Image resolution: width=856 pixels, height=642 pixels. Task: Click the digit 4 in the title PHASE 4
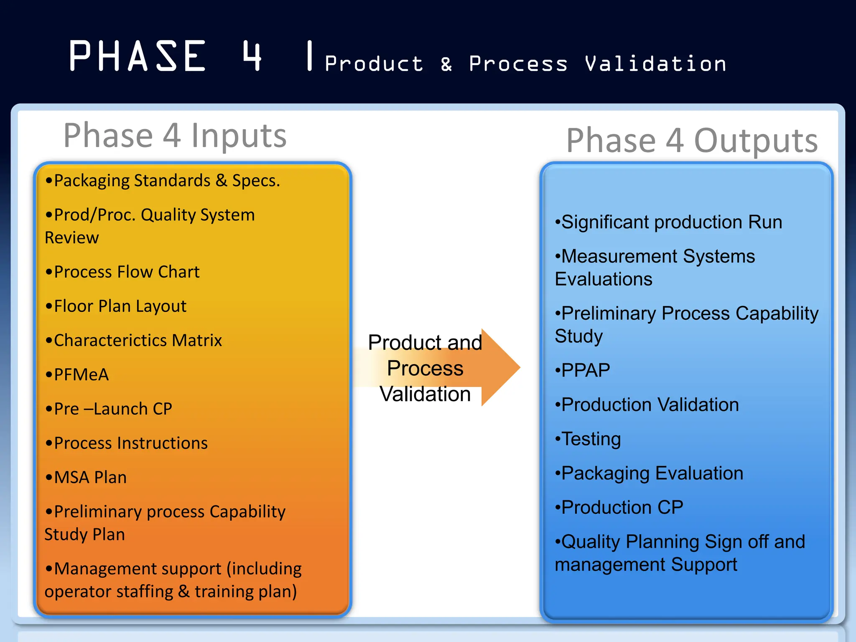coord(252,56)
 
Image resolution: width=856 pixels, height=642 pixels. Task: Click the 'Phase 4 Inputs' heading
coord(175,135)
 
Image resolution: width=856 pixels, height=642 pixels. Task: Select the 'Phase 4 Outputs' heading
coord(692,140)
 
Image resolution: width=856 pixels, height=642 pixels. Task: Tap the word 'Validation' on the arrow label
coord(425,394)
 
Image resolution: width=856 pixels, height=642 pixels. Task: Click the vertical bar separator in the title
coord(309,56)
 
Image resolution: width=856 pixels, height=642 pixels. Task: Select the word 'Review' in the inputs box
coord(72,238)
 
